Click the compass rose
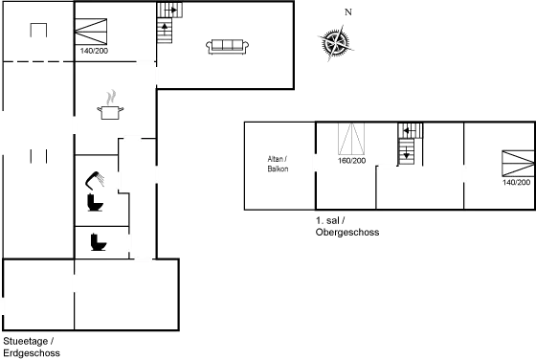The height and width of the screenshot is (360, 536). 334,42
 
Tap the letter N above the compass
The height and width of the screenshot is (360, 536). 347,12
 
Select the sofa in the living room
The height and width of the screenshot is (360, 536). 228,45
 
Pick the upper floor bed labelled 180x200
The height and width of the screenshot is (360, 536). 352,143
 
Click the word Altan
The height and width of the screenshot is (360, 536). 278,158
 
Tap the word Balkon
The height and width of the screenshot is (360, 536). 279,169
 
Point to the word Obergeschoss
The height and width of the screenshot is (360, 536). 341,232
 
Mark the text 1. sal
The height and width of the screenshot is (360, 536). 326,221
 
